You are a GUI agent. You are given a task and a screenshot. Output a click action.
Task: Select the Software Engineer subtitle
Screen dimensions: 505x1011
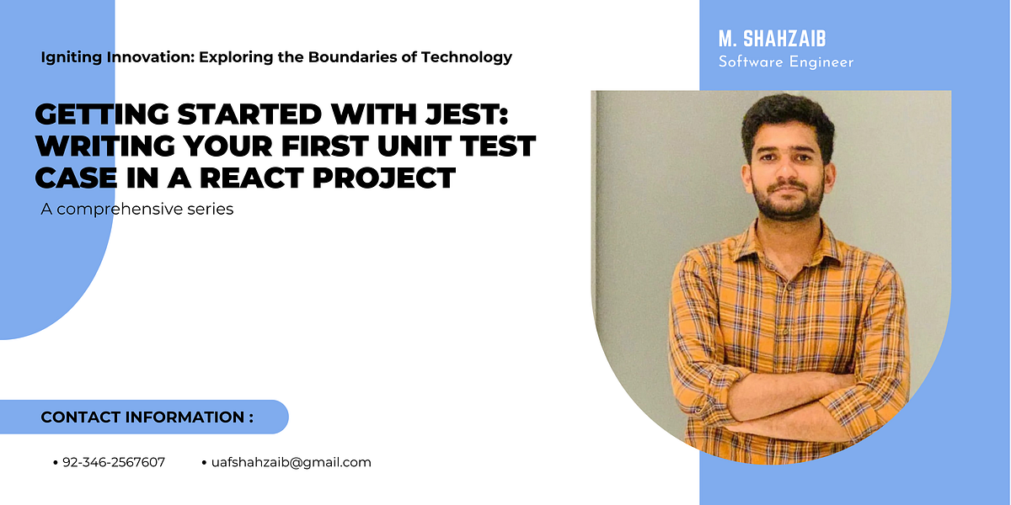[x=785, y=62]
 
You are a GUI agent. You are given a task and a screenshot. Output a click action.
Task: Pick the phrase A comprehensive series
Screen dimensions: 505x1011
[x=136, y=209]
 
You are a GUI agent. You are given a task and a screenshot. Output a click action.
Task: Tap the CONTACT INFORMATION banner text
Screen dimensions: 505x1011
[x=147, y=417]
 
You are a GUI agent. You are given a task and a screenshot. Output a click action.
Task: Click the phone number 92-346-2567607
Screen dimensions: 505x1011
[x=114, y=462]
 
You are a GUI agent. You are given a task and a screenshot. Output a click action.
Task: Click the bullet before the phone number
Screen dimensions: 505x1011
[x=56, y=463]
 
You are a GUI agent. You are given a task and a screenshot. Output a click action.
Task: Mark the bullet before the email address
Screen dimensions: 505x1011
[x=205, y=463]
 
